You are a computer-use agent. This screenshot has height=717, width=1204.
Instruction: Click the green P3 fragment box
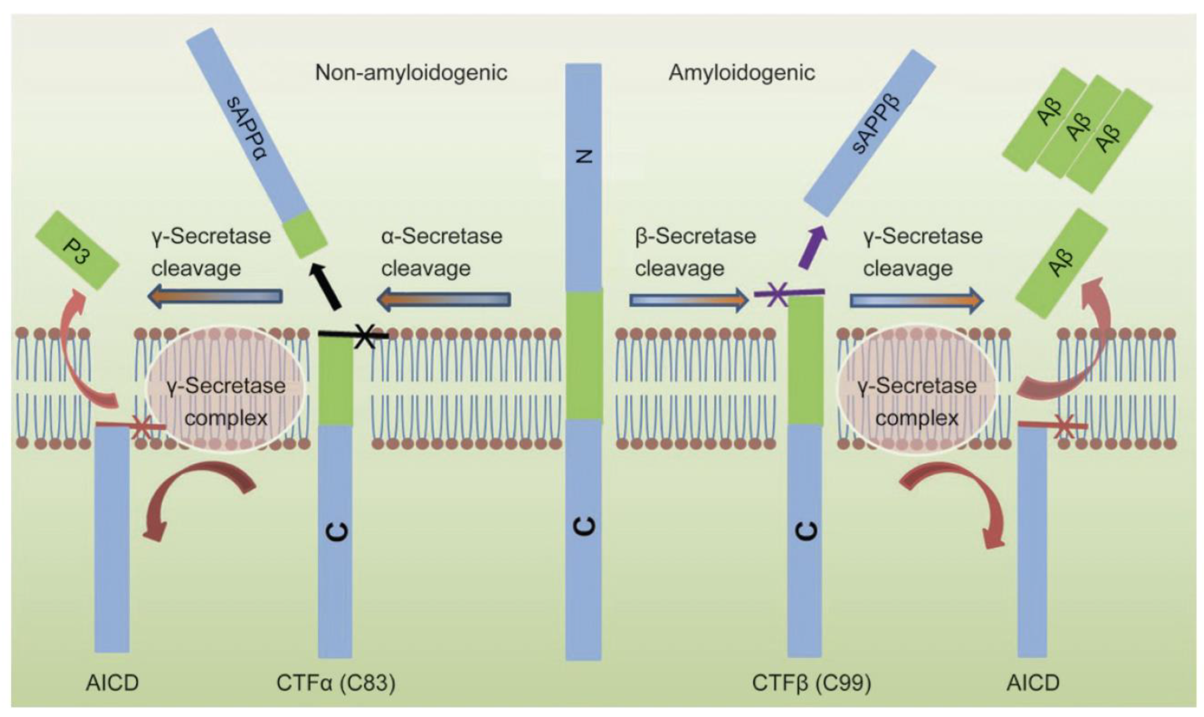pyautogui.click(x=77, y=250)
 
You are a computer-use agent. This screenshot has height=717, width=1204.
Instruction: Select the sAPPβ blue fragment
pyautogui.click(x=870, y=133)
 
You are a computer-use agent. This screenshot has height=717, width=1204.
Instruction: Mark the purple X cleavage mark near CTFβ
pyautogui.click(x=778, y=294)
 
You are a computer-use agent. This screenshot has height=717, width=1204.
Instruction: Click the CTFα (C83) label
pyautogui.click(x=336, y=683)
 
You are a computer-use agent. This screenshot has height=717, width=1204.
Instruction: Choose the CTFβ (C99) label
pyautogui.click(x=811, y=683)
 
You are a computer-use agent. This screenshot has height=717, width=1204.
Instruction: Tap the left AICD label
pyautogui.click(x=112, y=683)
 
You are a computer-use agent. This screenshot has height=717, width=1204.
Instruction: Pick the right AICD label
pyautogui.click(x=1033, y=683)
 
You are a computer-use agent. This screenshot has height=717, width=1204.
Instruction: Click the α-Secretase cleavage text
pyautogui.click(x=441, y=252)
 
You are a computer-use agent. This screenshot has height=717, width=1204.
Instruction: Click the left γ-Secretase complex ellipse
pyautogui.click(x=225, y=389)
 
